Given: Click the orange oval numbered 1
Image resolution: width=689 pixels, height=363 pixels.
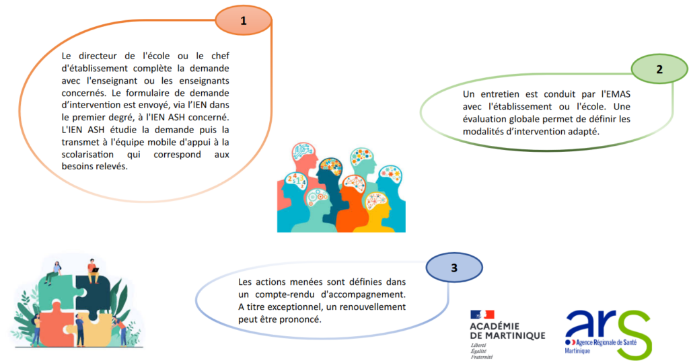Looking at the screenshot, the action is (244, 20).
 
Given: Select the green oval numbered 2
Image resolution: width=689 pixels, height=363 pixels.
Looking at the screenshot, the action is (659, 69).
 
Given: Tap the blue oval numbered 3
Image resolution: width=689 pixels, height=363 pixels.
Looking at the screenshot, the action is (454, 268).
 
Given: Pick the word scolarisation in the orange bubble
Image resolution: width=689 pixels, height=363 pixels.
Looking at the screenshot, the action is (87, 155).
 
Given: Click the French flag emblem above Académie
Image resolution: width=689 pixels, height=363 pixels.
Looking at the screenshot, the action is (482, 315).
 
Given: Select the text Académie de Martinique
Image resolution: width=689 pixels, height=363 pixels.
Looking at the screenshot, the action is (507, 331).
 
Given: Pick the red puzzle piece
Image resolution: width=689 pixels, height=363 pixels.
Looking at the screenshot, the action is (52, 322).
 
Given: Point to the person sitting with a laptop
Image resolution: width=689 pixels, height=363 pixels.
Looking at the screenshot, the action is (93, 271).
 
